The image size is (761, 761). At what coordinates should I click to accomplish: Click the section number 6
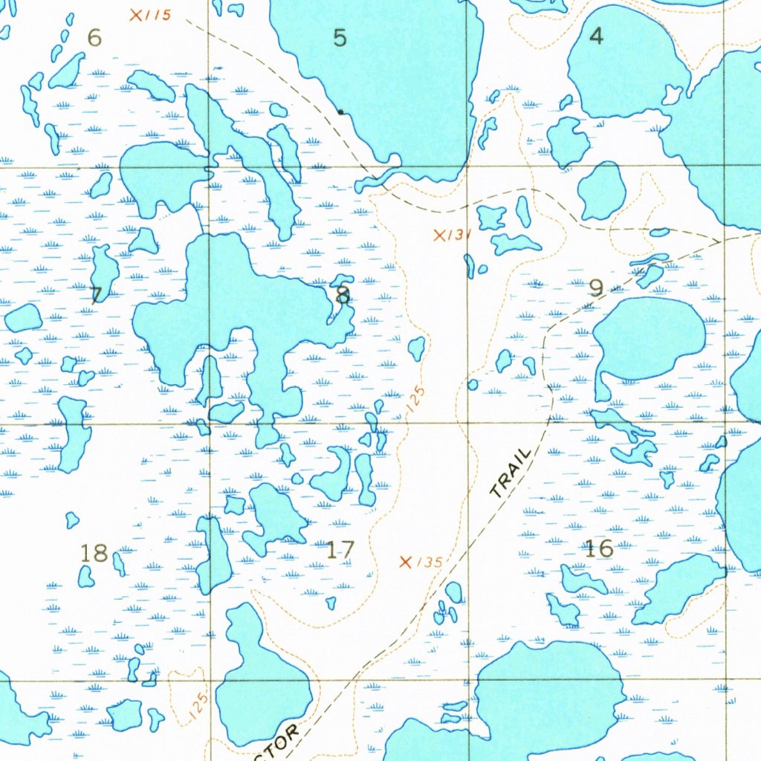(94, 37)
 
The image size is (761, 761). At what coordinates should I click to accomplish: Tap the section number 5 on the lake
(340, 38)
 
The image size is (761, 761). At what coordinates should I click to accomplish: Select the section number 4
(596, 36)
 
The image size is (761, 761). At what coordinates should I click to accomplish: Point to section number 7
(96, 294)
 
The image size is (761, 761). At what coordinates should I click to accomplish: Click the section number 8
(342, 295)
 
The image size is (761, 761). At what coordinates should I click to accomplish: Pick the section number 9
(596, 288)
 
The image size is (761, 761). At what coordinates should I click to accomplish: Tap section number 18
(94, 553)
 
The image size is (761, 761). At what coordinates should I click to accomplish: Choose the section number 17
(340, 550)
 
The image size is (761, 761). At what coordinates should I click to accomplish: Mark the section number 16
(599, 549)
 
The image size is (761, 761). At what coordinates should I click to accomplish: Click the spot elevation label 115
(158, 16)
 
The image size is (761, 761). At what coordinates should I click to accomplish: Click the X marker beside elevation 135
(406, 562)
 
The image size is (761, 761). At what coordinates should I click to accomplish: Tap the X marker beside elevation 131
(440, 236)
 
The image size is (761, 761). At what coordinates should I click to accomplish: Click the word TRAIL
(512, 473)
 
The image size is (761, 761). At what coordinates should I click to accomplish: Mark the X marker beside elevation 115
(136, 15)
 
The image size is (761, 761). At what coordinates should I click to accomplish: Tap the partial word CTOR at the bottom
(281, 741)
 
